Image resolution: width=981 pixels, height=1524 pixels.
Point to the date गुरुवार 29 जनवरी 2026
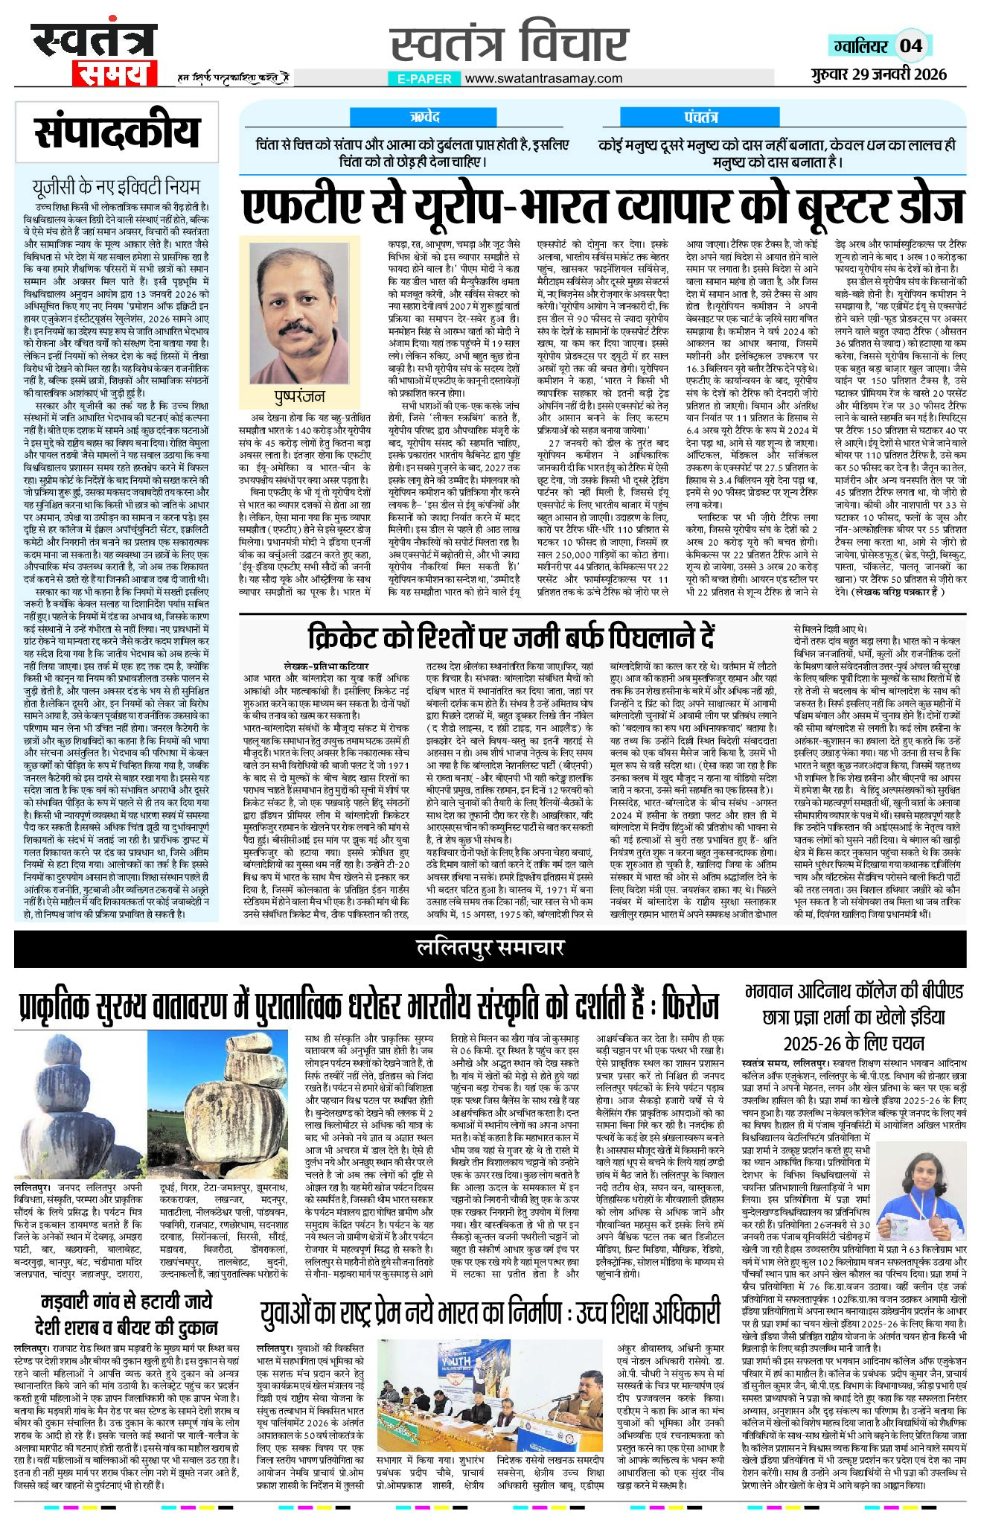tap(880, 73)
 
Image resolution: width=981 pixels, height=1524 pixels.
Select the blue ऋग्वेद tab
tap(425, 118)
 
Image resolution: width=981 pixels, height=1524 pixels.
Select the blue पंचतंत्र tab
tap(700, 118)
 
